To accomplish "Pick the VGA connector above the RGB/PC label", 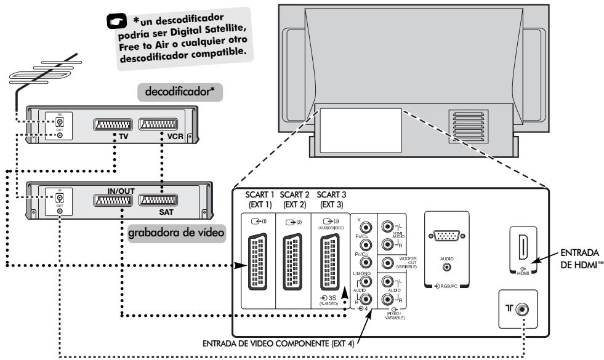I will (447, 239).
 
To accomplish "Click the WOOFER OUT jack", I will (387, 263).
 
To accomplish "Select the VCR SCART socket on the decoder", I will (160, 126).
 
